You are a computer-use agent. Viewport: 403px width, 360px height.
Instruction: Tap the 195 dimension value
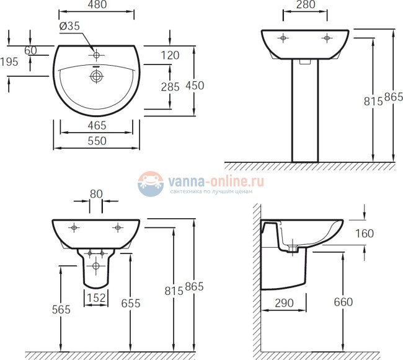point(9,61)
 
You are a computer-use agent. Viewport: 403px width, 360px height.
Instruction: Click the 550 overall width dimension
point(96,141)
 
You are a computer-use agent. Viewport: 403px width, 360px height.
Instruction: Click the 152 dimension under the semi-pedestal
point(95,298)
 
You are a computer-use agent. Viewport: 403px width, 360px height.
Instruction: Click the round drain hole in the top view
point(96,76)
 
